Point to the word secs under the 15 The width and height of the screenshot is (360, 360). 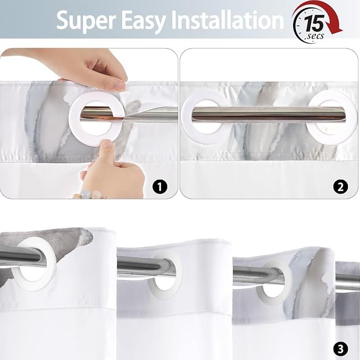tap(315, 36)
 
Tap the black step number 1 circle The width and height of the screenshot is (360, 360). tap(160, 187)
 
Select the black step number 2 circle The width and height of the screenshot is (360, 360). tap(340, 187)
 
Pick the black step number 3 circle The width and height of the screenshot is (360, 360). tap(341, 348)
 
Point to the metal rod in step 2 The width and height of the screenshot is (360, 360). tap(269, 115)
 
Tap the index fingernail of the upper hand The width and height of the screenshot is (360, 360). tap(120, 85)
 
